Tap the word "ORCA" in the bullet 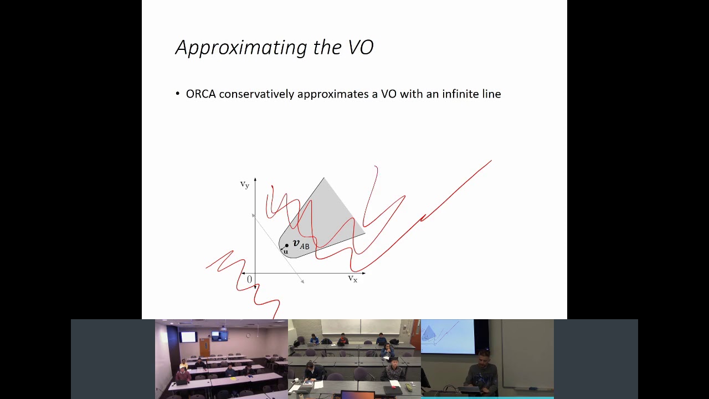[x=201, y=94]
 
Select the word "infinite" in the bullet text [x=461, y=94]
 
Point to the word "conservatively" [x=256, y=94]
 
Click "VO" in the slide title [x=361, y=48]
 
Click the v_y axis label [x=244, y=185]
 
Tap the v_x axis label [x=352, y=279]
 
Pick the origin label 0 [x=249, y=280]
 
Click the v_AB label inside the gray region [x=301, y=244]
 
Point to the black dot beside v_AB [x=287, y=245]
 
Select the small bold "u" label [x=286, y=252]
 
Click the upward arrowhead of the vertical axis [x=255, y=180]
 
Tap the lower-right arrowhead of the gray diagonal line [x=302, y=282]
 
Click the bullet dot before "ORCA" [x=178, y=94]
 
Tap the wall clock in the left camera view [x=249, y=335]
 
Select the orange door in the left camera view [x=205, y=348]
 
